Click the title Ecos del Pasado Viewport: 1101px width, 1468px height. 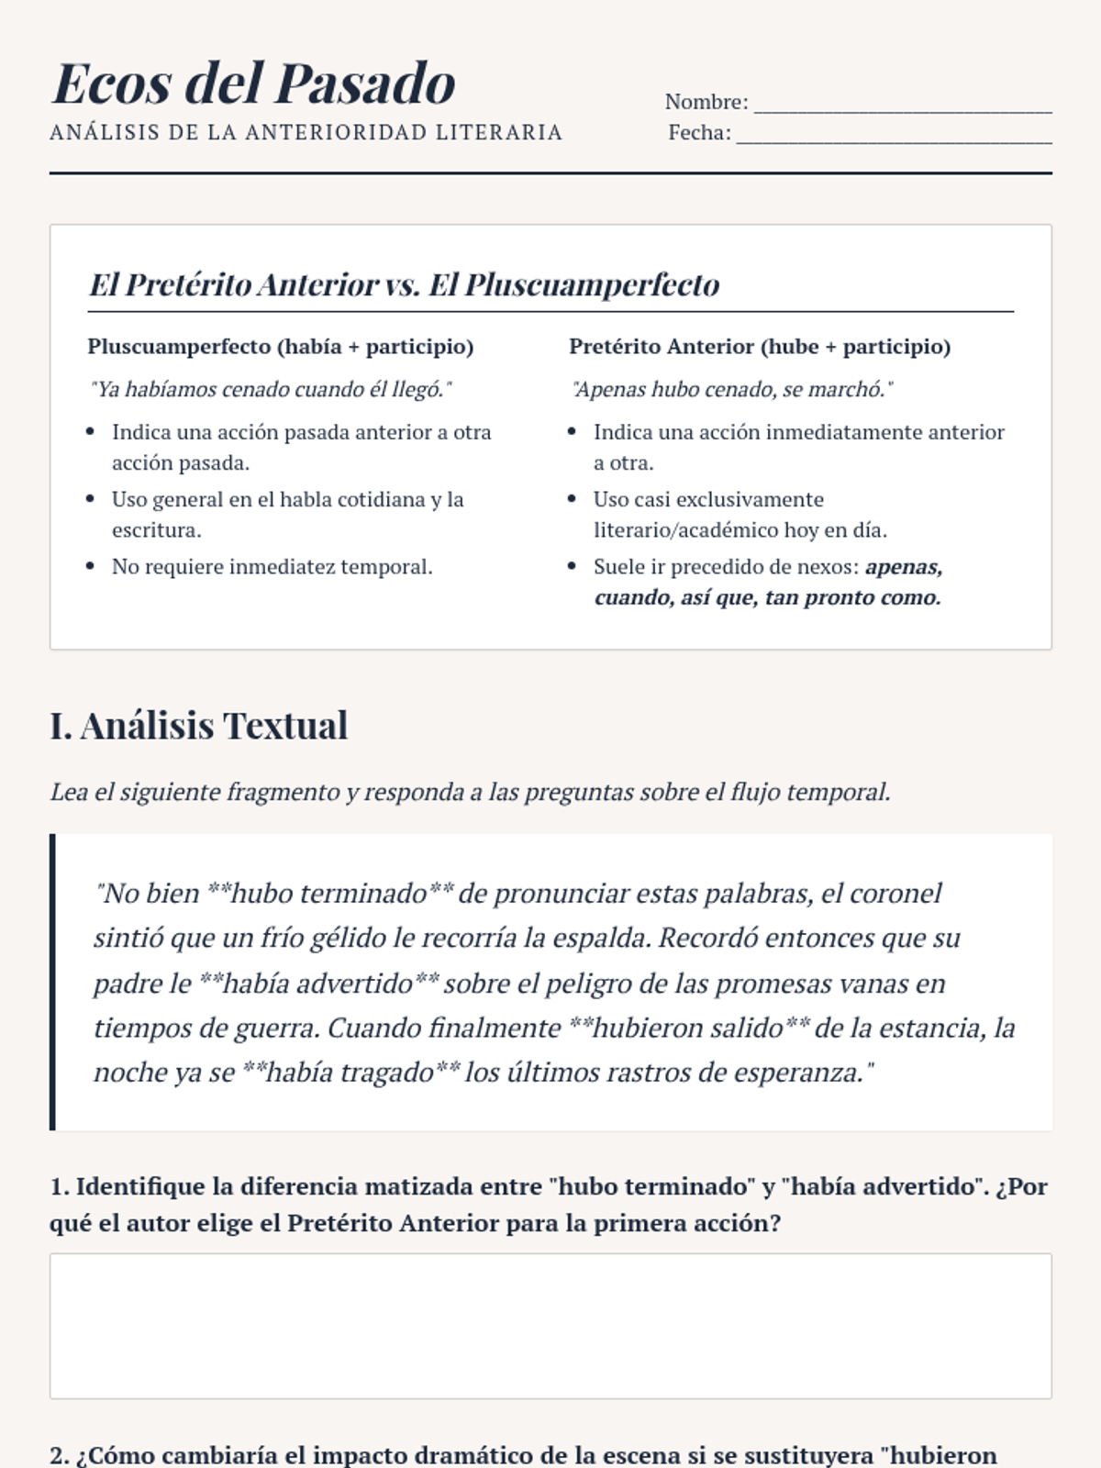click(x=254, y=83)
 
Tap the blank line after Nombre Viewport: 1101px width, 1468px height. click(x=902, y=103)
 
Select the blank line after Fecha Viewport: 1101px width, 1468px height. click(x=894, y=134)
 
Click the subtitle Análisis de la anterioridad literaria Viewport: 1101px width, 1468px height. click(x=306, y=133)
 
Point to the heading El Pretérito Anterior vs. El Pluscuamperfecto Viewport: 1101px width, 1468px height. click(x=404, y=284)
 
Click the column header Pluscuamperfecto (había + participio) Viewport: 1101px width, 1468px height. click(x=281, y=347)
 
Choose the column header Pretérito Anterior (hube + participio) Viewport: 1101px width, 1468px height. click(x=760, y=347)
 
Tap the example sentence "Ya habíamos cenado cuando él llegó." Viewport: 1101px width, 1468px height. click(x=271, y=390)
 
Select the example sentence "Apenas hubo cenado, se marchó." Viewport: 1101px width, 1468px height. click(x=731, y=390)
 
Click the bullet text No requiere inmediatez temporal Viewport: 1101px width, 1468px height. click(x=272, y=567)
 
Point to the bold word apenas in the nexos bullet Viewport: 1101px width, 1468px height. click(x=904, y=567)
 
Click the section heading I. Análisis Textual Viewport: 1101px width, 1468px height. click(x=199, y=726)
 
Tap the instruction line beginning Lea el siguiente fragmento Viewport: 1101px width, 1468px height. click(x=470, y=792)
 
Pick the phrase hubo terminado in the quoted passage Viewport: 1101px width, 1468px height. click(x=329, y=894)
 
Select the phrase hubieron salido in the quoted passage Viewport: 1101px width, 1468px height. click(x=688, y=1028)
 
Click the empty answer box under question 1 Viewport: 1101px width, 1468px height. click(x=550, y=1326)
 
